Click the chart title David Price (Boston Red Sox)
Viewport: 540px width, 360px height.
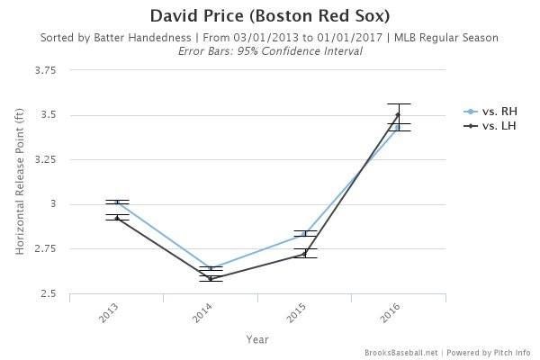coord(270,17)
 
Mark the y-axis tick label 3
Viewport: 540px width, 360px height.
coord(53,205)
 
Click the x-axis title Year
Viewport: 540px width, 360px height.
coord(257,338)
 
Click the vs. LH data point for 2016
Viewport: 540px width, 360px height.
coord(398,114)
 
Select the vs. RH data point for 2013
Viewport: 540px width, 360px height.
coord(118,202)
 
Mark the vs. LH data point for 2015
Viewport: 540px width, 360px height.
coord(304,254)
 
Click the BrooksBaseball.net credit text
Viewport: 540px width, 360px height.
coord(401,353)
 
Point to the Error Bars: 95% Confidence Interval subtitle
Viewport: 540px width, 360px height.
coord(270,50)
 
